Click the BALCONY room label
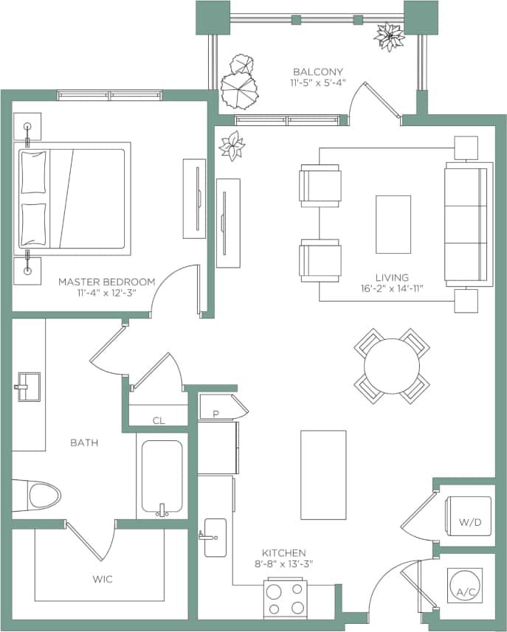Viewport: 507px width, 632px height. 318,72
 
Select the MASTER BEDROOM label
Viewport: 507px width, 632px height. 106,282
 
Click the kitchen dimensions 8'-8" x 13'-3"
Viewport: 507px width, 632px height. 284,564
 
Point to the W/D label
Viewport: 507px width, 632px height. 470,522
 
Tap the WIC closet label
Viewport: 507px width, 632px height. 103,580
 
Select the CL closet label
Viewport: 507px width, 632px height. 159,421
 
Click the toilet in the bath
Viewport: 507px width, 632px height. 42,496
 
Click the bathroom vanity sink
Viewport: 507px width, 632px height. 27,384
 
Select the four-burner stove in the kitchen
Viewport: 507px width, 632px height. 286,598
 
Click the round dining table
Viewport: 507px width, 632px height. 391,367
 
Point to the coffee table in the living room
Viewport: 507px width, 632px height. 393,224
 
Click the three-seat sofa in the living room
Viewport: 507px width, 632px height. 468,224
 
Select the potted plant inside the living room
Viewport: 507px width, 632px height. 232,145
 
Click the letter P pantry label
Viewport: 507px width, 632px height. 215,414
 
